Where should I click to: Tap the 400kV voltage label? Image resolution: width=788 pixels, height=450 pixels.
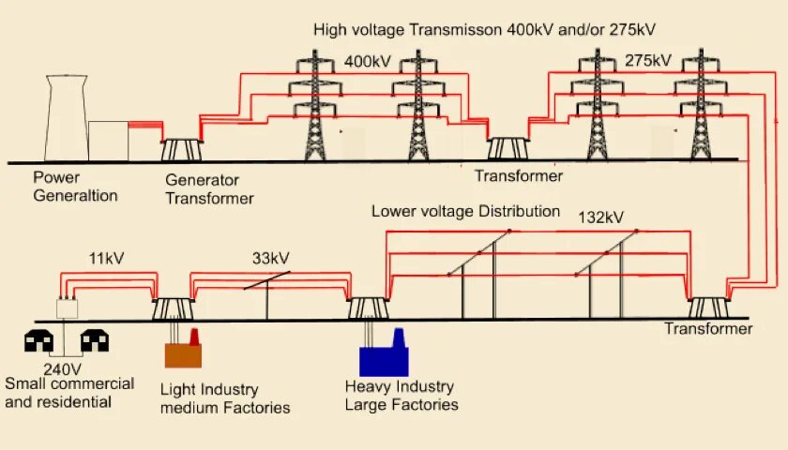[367, 62]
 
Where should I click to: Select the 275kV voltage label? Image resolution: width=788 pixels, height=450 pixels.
[647, 61]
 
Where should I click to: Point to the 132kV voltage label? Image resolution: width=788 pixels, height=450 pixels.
[600, 217]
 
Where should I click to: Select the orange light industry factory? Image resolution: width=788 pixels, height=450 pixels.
[184, 352]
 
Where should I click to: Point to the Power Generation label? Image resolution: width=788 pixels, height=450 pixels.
[76, 187]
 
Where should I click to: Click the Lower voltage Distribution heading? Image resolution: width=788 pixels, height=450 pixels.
[465, 211]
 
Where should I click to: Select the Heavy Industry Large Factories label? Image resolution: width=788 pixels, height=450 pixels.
[402, 396]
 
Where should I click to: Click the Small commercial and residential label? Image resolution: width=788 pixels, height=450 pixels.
[69, 393]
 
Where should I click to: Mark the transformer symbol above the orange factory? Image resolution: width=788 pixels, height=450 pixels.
[173, 308]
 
